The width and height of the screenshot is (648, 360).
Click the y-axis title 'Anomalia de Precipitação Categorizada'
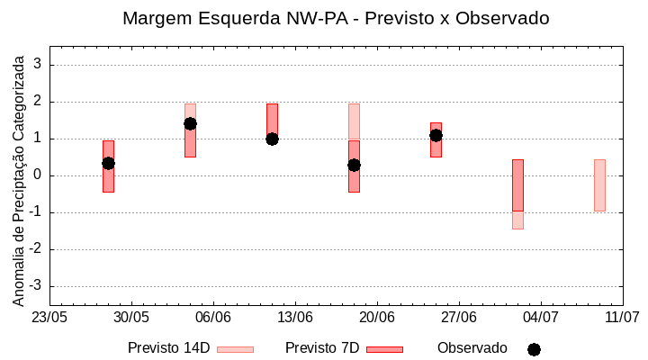click(x=19, y=177)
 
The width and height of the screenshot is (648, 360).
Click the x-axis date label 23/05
click(x=49, y=318)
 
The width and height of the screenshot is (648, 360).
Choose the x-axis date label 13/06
click(x=294, y=318)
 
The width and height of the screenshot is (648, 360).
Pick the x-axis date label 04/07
click(x=540, y=318)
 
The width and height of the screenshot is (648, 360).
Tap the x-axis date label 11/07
click(x=622, y=318)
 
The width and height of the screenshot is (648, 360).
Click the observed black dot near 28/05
click(x=108, y=163)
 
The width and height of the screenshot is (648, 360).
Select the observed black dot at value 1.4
click(x=190, y=123)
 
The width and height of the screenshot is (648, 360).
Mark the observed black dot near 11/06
click(x=272, y=139)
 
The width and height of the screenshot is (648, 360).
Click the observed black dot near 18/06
click(x=354, y=165)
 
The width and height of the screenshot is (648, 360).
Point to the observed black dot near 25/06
click(x=436, y=135)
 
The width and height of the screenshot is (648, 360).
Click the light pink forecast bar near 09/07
click(x=599, y=184)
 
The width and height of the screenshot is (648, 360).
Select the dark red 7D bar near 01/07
click(x=517, y=184)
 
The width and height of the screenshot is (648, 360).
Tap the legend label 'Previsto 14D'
click(x=168, y=348)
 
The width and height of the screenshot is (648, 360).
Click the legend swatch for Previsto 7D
click(x=384, y=349)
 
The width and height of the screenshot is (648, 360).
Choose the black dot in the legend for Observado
click(x=534, y=349)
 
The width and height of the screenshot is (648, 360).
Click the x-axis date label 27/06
click(x=458, y=318)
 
